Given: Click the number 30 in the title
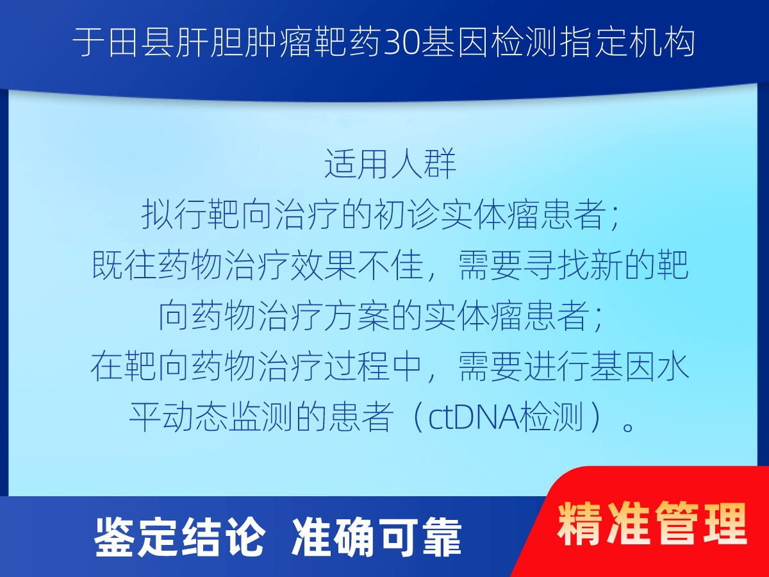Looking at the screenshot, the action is (x=402, y=44).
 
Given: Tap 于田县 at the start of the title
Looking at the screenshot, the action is (x=123, y=44).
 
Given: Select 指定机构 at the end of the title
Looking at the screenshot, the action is (x=627, y=44).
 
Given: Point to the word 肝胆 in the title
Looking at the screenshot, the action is (x=209, y=44).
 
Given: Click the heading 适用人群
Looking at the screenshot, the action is (x=390, y=164).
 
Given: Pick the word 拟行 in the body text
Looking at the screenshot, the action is (x=174, y=214).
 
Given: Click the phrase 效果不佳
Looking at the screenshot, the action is (x=357, y=265).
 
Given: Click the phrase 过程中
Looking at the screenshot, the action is (x=374, y=367).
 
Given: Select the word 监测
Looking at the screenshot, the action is (x=261, y=417).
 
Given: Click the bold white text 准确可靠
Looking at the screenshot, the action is (x=376, y=537).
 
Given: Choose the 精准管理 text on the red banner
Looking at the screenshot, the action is (x=652, y=524).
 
